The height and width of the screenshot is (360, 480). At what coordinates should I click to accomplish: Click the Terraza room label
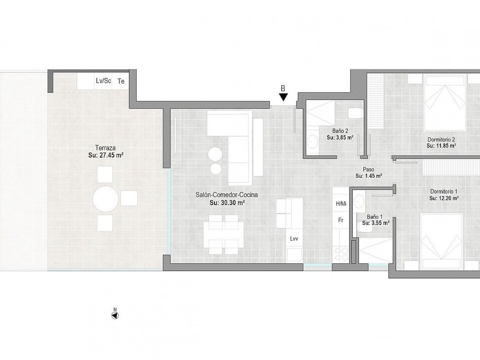point(105,148)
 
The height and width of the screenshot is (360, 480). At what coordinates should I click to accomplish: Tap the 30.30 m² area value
point(232,202)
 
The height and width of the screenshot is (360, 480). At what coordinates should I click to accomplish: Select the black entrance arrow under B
point(283,97)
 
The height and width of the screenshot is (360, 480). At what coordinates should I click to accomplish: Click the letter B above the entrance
point(283,88)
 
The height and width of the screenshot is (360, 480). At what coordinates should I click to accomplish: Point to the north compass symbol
point(115,316)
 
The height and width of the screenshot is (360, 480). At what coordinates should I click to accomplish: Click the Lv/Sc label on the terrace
point(103,81)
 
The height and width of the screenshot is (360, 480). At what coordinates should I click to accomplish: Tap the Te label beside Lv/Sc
point(121,81)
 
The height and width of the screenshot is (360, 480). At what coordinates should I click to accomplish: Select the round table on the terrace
point(106,199)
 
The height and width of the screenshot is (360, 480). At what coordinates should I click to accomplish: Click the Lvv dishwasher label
point(294,239)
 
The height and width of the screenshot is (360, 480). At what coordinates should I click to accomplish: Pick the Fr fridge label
point(341,220)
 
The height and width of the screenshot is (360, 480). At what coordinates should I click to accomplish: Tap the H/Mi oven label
point(341,204)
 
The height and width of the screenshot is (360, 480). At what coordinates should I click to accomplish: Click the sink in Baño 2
point(313,142)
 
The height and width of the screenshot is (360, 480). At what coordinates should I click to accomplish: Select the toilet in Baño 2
point(355,113)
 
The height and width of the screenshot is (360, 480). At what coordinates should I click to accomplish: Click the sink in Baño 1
point(359,201)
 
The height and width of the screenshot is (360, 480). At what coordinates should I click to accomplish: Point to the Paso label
point(369,169)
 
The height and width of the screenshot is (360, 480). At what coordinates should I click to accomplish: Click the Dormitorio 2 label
point(441,139)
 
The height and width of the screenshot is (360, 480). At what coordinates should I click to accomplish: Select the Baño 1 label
point(375,217)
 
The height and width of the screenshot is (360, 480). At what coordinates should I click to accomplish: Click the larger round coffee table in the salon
point(215,154)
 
